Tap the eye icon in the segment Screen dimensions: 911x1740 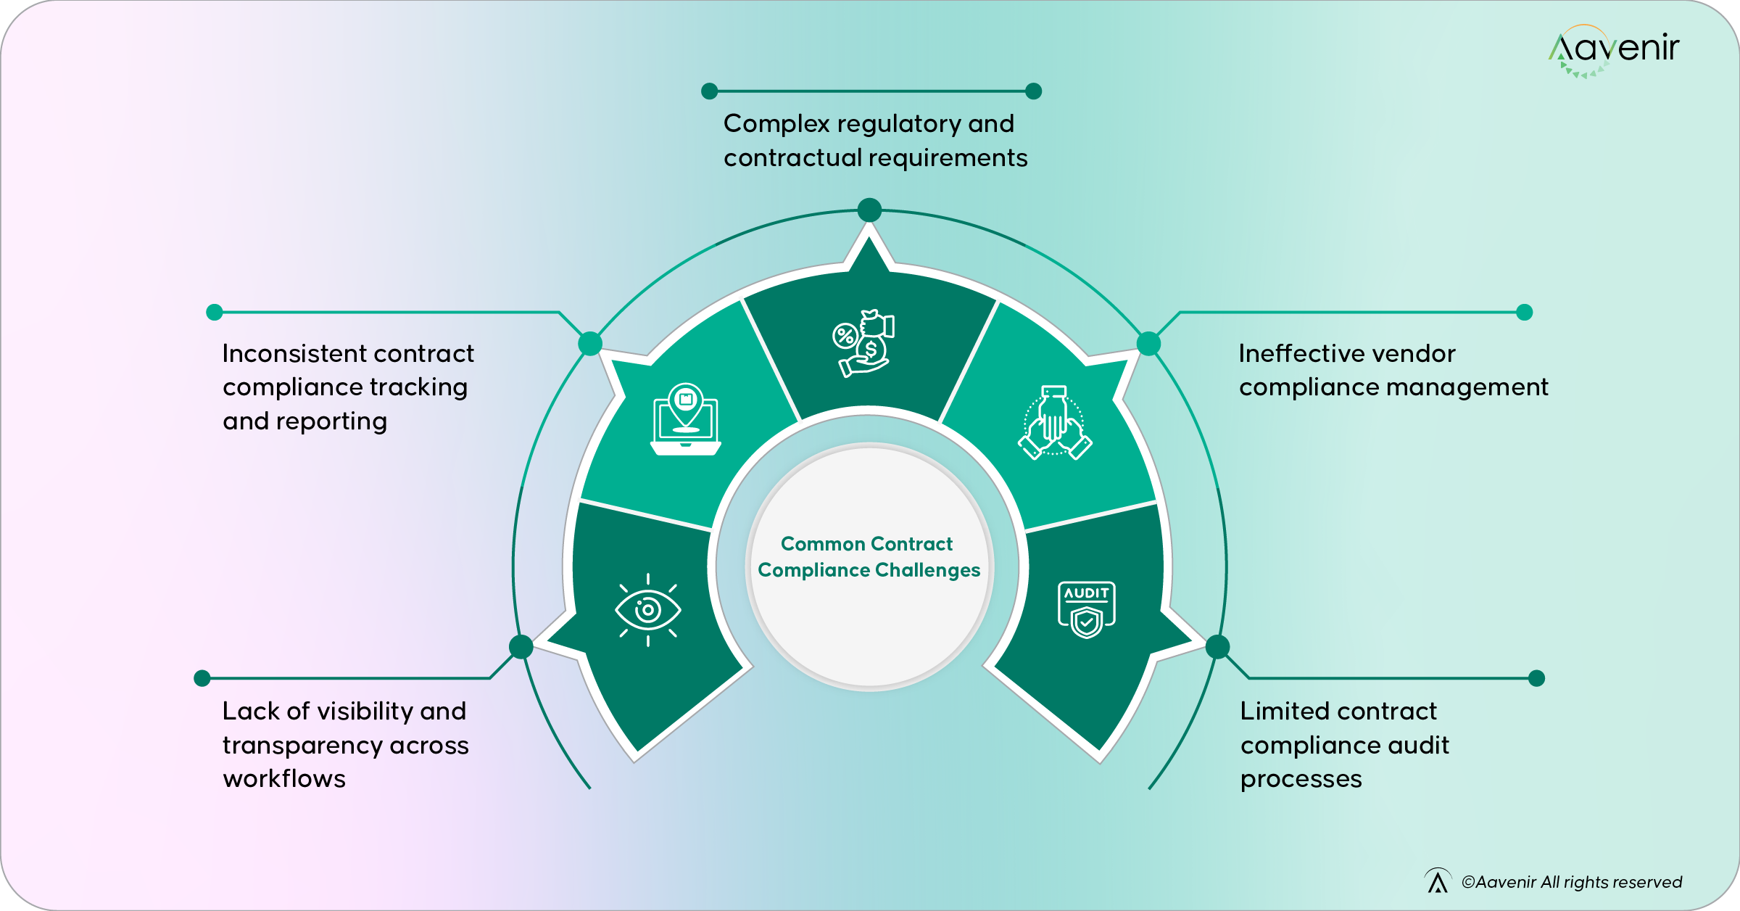tap(647, 610)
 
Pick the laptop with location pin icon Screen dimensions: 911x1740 tap(685, 419)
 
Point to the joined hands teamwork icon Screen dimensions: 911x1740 tap(1055, 423)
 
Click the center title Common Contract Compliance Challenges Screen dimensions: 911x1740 tap(869, 557)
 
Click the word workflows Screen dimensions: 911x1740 tap(284, 779)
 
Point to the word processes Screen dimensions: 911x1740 tap(1301, 779)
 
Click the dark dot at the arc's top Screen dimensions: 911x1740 tap(869, 210)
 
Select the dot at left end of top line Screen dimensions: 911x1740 tap(710, 91)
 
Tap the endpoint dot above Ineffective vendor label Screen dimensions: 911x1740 tap(1524, 312)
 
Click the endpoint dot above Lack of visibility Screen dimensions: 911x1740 tap(202, 678)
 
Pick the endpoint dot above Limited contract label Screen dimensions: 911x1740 tap(1536, 678)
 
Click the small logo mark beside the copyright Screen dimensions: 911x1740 tap(1438, 881)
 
